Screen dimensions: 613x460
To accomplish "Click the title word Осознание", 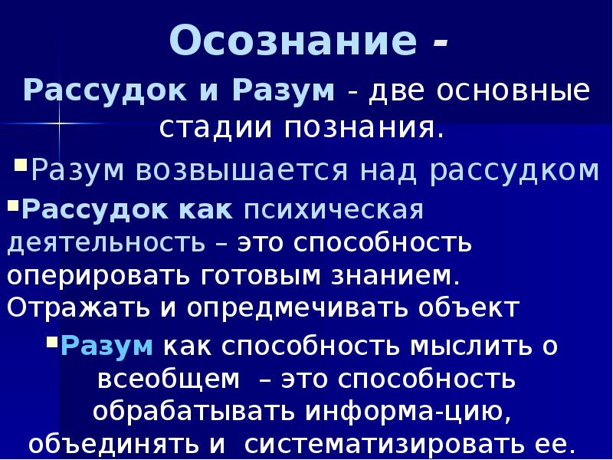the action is coord(293,41).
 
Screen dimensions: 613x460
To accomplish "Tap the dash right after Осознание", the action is coord(439,44).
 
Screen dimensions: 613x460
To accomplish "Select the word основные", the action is coord(513,91).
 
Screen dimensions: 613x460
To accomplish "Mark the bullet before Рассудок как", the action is coord(13,205).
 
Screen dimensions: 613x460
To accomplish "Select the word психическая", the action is coord(334,210).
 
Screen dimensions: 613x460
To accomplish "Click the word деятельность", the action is coord(106,243).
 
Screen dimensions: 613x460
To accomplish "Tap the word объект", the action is coord(468,307).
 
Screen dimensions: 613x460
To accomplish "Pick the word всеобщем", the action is coord(169,379).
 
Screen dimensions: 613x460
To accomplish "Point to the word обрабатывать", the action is coord(195,411).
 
